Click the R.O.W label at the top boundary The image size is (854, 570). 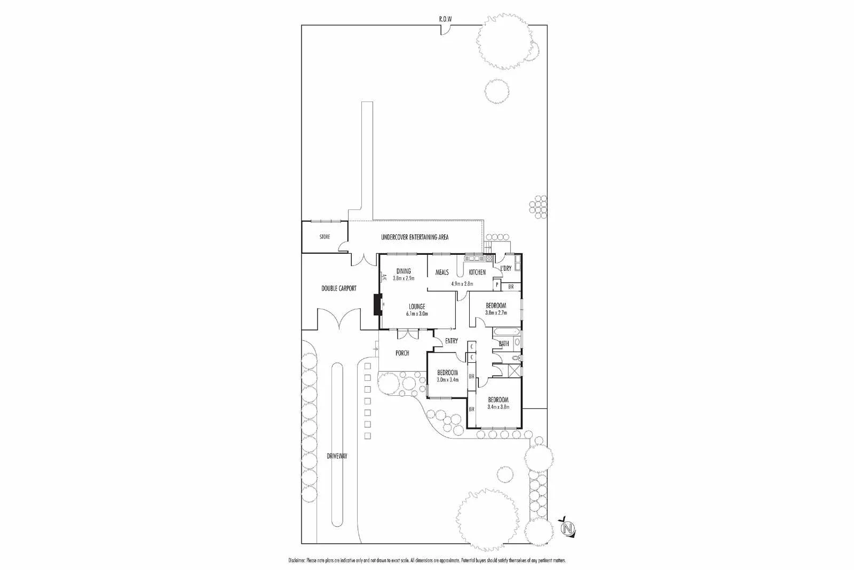[x=445, y=19]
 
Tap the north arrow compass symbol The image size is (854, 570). [x=568, y=528]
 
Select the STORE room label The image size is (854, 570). [x=325, y=237]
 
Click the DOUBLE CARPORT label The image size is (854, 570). [x=338, y=288]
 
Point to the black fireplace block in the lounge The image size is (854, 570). [x=377, y=304]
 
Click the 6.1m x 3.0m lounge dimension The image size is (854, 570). [x=417, y=314]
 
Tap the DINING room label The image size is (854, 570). [x=404, y=271]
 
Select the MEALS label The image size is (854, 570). [x=442, y=272]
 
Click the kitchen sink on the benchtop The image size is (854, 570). [x=473, y=259]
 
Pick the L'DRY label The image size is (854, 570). [x=505, y=268]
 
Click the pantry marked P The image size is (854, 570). [x=497, y=286]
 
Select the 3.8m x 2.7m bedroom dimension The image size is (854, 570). [x=495, y=313]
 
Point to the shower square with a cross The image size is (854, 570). [x=515, y=370]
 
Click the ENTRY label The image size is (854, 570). [x=451, y=341]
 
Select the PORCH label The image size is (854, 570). [x=402, y=353]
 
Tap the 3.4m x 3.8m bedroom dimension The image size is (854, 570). [x=498, y=407]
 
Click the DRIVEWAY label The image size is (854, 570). [x=337, y=456]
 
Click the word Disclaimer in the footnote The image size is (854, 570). [x=296, y=560]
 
